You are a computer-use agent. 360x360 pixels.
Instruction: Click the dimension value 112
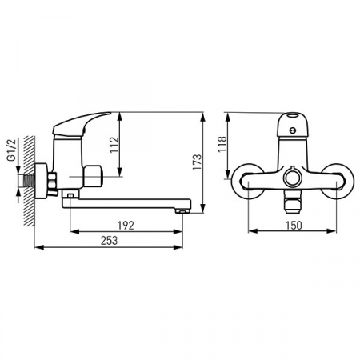114,145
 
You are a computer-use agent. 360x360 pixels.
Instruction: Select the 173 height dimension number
198,162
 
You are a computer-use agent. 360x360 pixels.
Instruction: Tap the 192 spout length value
126,226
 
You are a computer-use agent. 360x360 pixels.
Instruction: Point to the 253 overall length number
109,241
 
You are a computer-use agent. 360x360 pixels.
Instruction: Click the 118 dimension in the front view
222,144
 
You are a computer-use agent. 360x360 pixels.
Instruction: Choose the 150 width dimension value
294,226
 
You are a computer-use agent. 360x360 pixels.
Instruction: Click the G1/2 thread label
13,150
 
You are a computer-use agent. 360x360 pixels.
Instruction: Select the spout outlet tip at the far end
182,211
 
